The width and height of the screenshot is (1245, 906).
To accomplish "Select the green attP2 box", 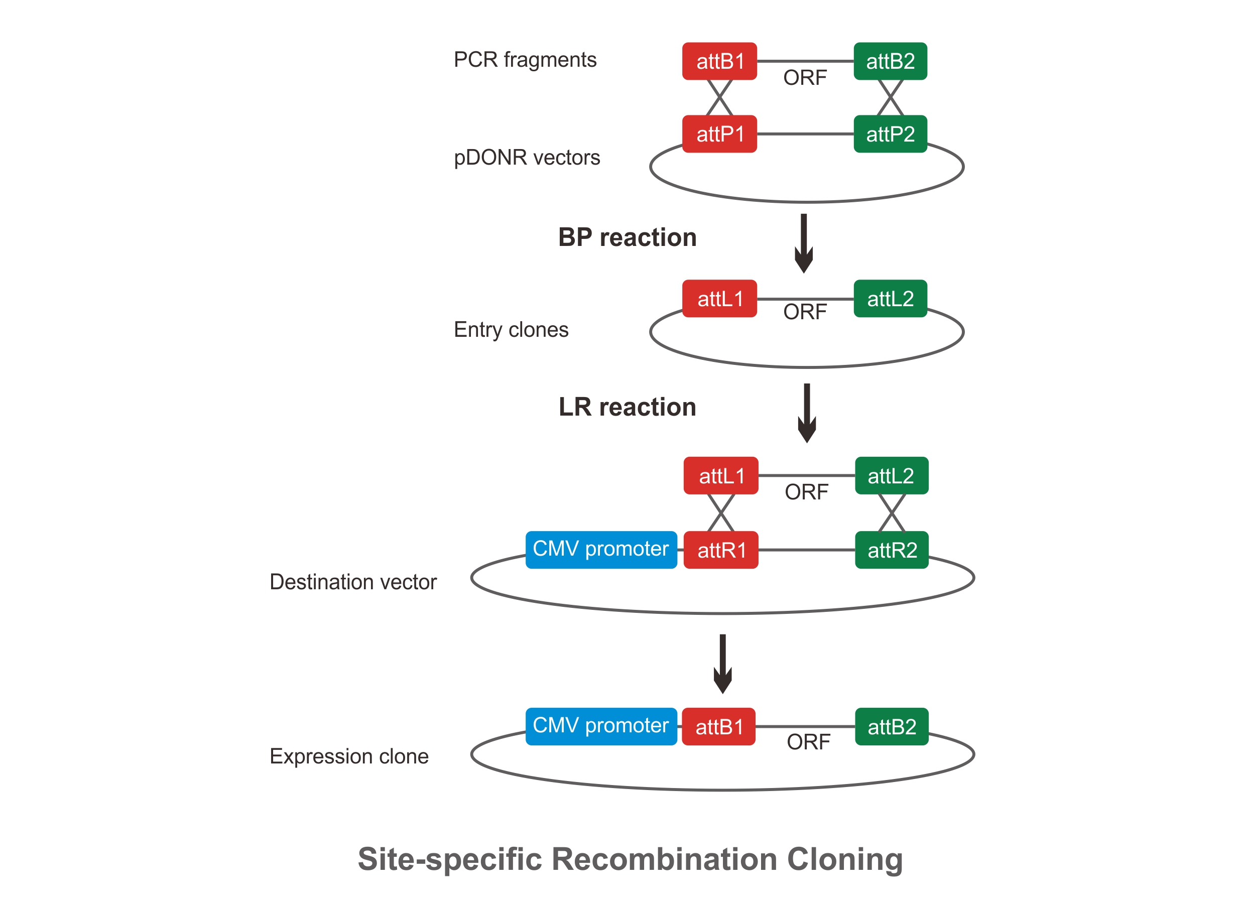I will coord(890,134).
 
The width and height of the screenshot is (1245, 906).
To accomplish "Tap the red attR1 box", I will coord(721,550).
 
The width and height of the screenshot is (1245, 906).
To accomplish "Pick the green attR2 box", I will coord(892,550).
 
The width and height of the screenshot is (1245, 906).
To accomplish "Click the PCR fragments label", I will coord(525,60).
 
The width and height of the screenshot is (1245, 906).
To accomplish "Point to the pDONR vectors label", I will coord(527,158).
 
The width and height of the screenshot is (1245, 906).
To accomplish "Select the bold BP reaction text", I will coord(627,237).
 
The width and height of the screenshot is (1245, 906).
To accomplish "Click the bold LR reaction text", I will coord(627,407).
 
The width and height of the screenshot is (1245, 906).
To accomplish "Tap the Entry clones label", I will coord(511,330).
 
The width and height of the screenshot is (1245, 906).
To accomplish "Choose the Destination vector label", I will coord(353,582).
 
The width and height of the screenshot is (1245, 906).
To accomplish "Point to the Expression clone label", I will coord(348,756).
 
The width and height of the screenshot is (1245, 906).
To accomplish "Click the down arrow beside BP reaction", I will coord(804,243).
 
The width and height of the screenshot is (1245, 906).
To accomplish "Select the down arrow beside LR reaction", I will coord(806,413).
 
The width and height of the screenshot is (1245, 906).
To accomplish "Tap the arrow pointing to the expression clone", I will coord(722,664).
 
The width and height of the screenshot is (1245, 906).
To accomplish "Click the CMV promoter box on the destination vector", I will coord(600,549).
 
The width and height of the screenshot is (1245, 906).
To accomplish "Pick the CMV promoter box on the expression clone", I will coord(600,726).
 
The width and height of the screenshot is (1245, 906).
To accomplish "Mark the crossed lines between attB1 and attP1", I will coord(719,98).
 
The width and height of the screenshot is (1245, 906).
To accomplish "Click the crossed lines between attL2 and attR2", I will coord(892,513).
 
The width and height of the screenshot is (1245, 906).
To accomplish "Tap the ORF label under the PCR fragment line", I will coord(805,78).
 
